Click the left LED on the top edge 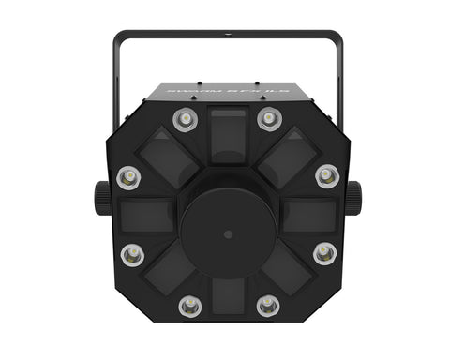pyautogui.click(x=185, y=119)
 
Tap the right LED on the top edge pyautogui.click(x=269, y=119)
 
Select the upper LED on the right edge pyautogui.click(x=326, y=175)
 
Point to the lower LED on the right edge pyautogui.click(x=324, y=252)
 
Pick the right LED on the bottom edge pyautogui.click(x=268, y=305)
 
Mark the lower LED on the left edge pyautogui.click(x=132, y=252)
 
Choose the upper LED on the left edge pyautogui.click(x=128, y=175)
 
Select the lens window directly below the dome pyautogui.click(x=228, y=298)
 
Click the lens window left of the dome pyautogui.click(x=148, y=215)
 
